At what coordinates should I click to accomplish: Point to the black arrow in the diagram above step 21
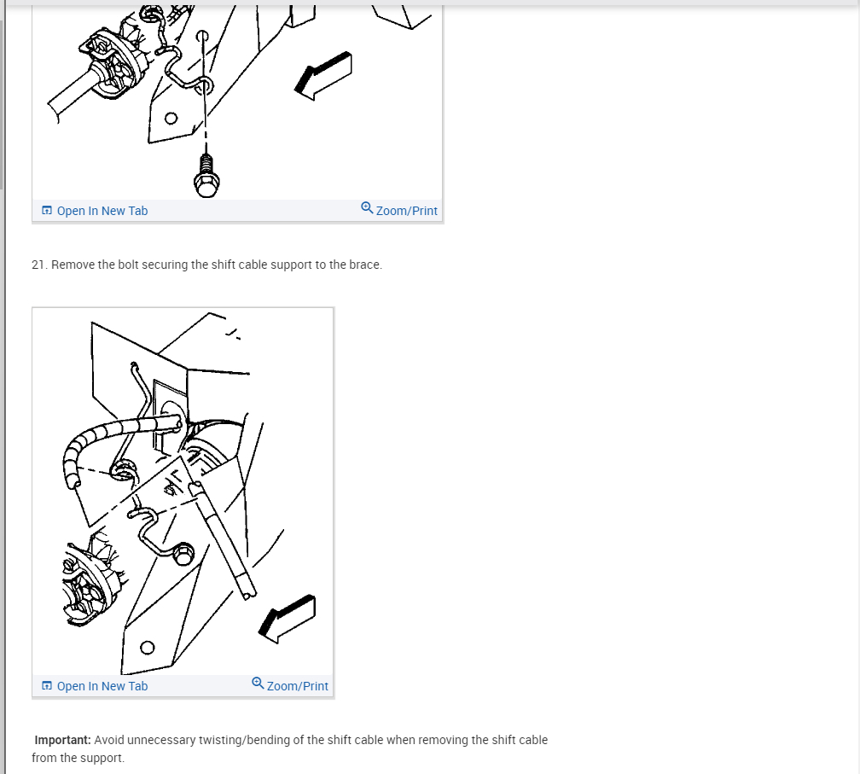click(x=323, y=76)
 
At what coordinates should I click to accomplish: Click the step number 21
click(x=39, y=265)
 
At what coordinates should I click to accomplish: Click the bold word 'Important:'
click(x=62, y=740)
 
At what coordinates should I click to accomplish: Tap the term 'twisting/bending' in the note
click(x=244, y=740)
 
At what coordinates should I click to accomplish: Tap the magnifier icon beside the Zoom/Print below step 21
click(x=258, y=683)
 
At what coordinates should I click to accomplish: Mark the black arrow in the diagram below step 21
click(x=287, y=619)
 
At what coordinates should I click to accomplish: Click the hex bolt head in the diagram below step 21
click(x=183, y=554)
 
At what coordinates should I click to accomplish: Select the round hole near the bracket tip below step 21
click(x=148, y=648)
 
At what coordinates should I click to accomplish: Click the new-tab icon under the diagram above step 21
click(x=47, y=210)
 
